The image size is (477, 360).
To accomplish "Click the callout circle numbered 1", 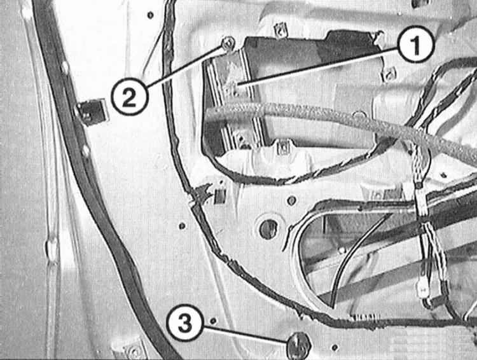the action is click(x=416, y=44).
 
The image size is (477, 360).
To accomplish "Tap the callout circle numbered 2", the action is click(x=129, y=97).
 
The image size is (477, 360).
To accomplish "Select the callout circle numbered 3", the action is click(x=184, y=323).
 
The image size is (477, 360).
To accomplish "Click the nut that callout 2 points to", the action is click(x=228, y=44).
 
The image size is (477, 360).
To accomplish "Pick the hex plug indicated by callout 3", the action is click(x=299, y=345).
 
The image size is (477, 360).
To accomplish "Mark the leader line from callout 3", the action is click(x=245, y=335).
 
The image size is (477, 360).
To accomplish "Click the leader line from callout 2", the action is click(x=186, y=67).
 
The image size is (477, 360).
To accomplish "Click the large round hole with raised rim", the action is click(x=268, y=228).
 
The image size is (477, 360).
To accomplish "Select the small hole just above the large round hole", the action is click(x=291, y=200).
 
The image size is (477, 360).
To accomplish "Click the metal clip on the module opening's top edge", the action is click(x=280, y=31).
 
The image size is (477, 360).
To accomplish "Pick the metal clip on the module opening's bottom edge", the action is click(x=284, y=148).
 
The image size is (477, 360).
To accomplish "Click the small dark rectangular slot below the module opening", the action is click(x=220, y=197).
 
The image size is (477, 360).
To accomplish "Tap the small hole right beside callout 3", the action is click(x=213, y=321).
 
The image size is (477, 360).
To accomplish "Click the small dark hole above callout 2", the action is click(x=150, y=15).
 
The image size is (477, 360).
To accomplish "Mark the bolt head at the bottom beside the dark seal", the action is click(x=134, y=351).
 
